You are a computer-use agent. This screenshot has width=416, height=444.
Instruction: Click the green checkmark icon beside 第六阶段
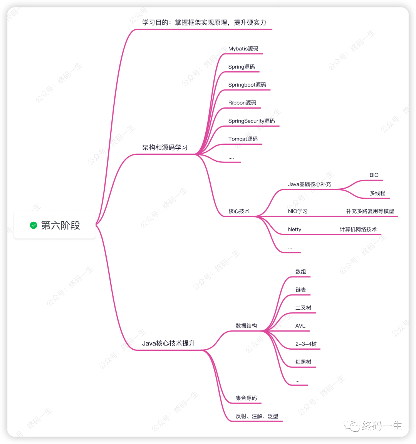click(34, 225)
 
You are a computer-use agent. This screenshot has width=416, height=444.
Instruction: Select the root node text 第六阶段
click(60, 225)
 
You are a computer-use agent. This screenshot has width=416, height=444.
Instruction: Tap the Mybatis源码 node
click(243, 49)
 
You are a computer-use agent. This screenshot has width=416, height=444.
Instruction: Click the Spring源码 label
click(242, 67)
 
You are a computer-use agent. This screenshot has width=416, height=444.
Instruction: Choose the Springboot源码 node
click(247, 85)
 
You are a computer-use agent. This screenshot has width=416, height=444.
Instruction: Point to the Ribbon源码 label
click(242, 103)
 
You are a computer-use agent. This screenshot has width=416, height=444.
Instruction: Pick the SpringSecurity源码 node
click(252, 121)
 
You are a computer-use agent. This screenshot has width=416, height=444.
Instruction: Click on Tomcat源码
click(243, 139)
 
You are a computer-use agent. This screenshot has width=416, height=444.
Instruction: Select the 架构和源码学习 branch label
click(165, 147)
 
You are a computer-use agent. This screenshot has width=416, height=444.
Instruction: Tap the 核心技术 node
click(239, 211)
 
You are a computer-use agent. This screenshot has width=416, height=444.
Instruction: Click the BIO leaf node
click(374, 175)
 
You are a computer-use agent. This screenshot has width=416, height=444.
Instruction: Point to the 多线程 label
click(377, 193)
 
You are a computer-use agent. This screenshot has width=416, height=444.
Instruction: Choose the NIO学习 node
click(298, 211)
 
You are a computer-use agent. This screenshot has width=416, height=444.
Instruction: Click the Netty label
click(295, 230)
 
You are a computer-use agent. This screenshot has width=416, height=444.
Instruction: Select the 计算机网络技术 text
click(358, 230)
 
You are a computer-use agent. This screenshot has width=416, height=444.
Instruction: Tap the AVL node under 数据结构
click(300, 326)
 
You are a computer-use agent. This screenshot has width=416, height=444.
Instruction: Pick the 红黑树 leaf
click(303, 362)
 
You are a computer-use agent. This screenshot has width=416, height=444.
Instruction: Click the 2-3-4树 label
click(306, 344)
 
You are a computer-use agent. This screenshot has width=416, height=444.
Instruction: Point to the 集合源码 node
click(246, 398)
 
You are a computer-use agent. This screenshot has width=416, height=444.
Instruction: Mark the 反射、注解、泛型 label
click(257, 416)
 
